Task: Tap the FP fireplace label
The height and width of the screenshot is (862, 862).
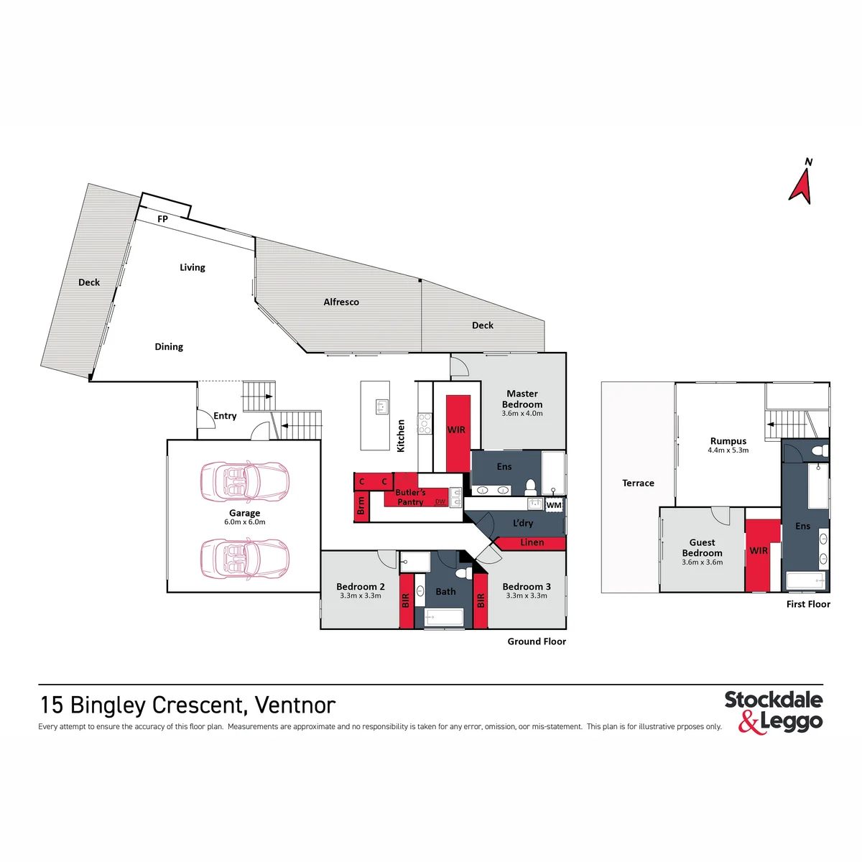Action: (x=162, y=219)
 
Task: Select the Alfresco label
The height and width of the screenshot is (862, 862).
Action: (x=341, y=302)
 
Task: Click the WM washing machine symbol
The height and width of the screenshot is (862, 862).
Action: (x=554, y=505)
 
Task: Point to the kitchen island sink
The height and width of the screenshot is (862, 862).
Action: (x=381, y=407)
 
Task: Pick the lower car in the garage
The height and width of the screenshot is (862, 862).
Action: (x=244, y=559)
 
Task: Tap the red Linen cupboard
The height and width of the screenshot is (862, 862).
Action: (x=532, y=542)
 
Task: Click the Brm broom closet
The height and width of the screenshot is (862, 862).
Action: (x=361, y=506)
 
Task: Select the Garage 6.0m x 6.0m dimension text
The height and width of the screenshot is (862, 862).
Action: (x=245, y=522)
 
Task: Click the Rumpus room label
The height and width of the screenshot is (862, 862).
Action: (x=728, y=441)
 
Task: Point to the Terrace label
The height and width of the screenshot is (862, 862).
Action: (x=638, y=483)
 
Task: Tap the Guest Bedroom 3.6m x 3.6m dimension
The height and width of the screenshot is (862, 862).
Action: (x=702, y=562)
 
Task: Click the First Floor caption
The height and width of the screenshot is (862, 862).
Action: (x=808, y=604)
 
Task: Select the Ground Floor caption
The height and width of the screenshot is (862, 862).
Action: (x=537, y=641)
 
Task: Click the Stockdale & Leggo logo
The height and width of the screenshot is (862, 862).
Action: (x=774, y=713)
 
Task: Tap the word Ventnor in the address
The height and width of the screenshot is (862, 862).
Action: (x=295, y=705)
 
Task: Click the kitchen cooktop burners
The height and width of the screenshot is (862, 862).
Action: (x=424, y=423)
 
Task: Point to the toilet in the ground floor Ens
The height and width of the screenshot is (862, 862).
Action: (x=530, y=487)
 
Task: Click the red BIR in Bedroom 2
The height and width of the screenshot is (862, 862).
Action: (x=406, y=601)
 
